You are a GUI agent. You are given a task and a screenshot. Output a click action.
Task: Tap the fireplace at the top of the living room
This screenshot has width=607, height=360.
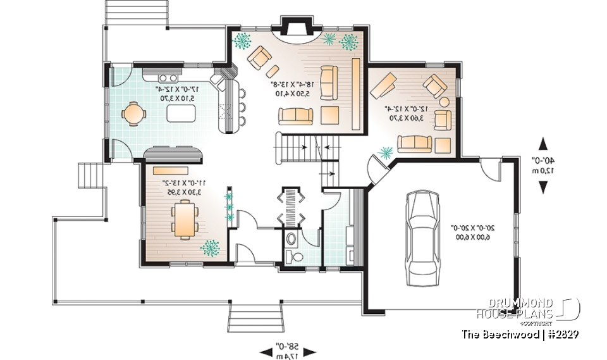tap(295, 29)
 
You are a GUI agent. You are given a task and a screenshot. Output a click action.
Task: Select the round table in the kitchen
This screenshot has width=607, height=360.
tap(133, 114)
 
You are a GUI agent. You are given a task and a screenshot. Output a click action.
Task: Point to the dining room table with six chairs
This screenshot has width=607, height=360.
tap(185, 219)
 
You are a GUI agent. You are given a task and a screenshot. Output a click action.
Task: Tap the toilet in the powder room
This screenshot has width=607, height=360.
tap(293, 256)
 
